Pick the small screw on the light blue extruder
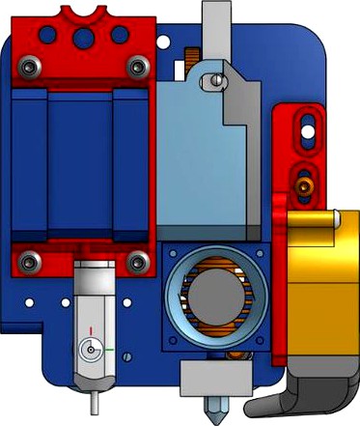[x=217, y=81]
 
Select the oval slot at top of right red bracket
[x=307, y=123]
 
